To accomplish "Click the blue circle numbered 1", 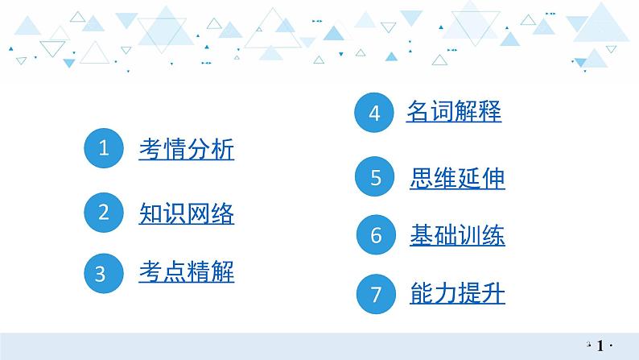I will (x=103, y=149).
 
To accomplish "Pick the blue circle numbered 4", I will (x=373, y=114).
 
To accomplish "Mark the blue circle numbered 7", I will (x=377, y=294).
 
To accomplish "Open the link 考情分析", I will (x=186, y=149).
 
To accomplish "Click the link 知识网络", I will (x=186, y=213).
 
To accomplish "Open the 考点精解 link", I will (x=186, y=273).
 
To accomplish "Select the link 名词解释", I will (x=454, y=112).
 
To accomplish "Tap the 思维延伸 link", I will (x=457, y=177).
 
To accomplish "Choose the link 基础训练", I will (x=457, y=236).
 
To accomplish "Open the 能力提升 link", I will (x=457, y=294).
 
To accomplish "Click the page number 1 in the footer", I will (x=600, y=346).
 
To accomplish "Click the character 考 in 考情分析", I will (x=150, y=149).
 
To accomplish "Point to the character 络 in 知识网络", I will (x=222, y=213).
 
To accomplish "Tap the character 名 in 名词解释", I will (x=418, y=112).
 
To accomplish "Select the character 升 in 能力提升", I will (x=493, y=294).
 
